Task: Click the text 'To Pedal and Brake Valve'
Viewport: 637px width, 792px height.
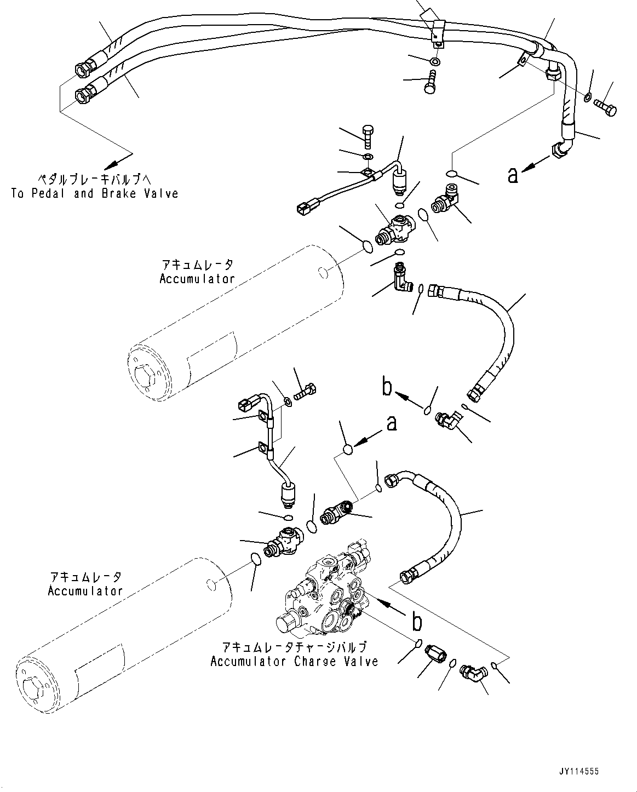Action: pos(94,193)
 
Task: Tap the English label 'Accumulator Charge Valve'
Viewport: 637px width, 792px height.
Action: pos(294,661)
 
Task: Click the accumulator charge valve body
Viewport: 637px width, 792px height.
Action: pos(323,594)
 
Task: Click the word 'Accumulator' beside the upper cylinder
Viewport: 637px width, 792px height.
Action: pos(197,279)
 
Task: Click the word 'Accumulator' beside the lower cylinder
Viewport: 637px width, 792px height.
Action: pos(85,591)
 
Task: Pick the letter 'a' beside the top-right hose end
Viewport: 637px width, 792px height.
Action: pos(513,175)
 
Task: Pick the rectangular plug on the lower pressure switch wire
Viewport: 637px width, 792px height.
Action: pos(245,405)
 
